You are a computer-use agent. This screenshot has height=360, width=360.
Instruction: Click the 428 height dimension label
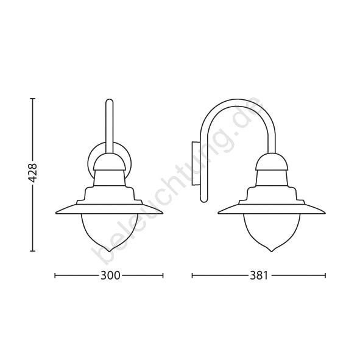(34, 170)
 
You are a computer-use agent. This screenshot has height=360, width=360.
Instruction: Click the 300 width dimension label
(110, 275)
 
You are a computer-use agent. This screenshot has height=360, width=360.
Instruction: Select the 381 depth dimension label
(259, 275)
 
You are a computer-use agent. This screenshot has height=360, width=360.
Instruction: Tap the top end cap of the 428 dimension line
(33, 99)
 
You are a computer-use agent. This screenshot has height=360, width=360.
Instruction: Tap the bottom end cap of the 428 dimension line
(33, 251)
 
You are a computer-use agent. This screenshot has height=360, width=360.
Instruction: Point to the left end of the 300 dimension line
(55, 275)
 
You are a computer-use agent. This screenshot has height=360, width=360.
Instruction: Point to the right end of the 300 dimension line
(163, 275)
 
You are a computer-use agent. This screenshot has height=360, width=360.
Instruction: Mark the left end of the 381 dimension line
(192, 275)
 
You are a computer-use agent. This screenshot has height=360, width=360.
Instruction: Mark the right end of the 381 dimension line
(325, 275)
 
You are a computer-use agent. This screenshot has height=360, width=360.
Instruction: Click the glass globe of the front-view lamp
(109, 232)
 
